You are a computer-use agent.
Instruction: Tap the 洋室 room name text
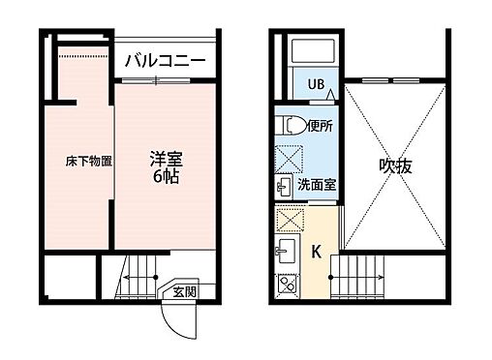point(164,158)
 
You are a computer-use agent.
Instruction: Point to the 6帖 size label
point(164,177)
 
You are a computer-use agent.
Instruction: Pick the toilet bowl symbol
point(289,126)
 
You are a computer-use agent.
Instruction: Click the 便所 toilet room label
point(321,126)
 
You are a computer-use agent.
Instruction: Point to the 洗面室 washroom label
point(317,185)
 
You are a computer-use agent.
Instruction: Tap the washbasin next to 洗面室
point(287,184)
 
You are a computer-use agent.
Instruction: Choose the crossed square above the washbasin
point(287,156)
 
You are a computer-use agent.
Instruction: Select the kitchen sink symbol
point(286,253)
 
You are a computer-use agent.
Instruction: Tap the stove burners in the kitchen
point(287,286)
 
